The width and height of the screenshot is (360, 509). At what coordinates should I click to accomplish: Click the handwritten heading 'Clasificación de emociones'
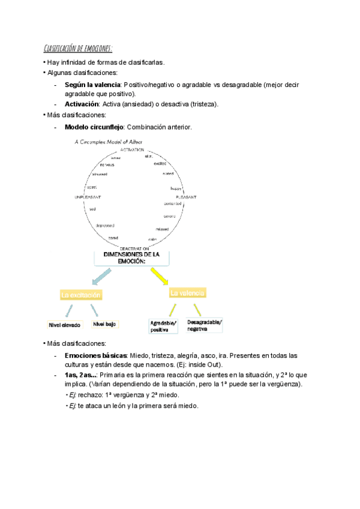(x=77, y=48)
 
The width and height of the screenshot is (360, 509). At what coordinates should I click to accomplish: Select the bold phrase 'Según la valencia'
(x=92, y=85)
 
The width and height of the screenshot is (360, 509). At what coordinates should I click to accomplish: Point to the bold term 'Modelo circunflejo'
(x=94, y=127)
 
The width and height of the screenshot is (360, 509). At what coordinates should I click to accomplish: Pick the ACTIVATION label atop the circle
(x=132, y=149)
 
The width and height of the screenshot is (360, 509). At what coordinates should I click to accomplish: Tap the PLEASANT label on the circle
(x=185, y=197)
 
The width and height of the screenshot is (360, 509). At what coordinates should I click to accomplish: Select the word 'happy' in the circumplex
(x=176, y=188)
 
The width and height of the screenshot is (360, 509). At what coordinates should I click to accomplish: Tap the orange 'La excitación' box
(x=81, y=295)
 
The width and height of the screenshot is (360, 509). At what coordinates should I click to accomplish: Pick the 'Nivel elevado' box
(x=64, y=325)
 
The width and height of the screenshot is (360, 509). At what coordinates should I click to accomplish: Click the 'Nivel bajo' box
(x=104, y=324)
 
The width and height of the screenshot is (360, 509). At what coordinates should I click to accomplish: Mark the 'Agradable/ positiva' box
(x=163, y=326)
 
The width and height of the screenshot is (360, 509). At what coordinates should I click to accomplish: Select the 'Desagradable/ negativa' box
(x=204, y=325)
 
